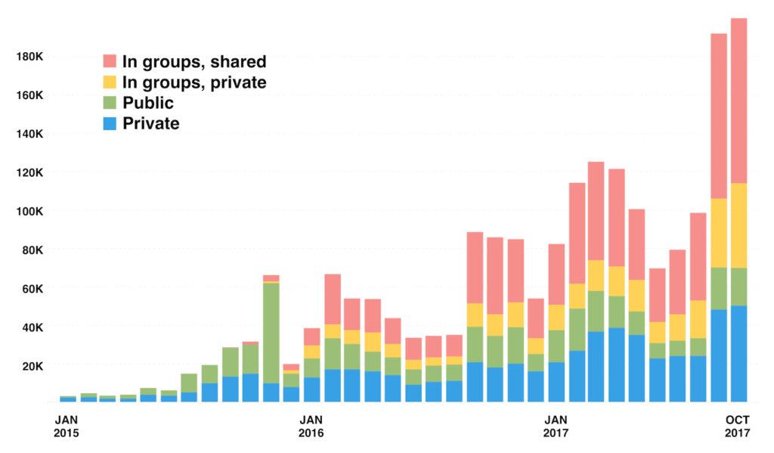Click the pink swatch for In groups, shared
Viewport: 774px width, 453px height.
point(110,61)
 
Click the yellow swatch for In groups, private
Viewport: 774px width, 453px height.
point(110,82)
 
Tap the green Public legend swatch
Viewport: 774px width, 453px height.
point(110,102)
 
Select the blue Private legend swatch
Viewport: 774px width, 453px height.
point(110,123)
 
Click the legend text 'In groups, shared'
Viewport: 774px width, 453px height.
point(194,62)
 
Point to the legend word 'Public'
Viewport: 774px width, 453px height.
point(148,103)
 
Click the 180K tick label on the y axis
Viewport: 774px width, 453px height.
point(29,57)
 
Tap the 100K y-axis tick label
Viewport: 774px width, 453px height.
point(29,211)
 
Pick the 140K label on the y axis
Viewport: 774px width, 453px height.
point(29,134)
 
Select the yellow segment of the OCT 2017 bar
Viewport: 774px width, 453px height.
point(738,225)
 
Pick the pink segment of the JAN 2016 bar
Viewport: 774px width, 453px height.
point(311,337)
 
